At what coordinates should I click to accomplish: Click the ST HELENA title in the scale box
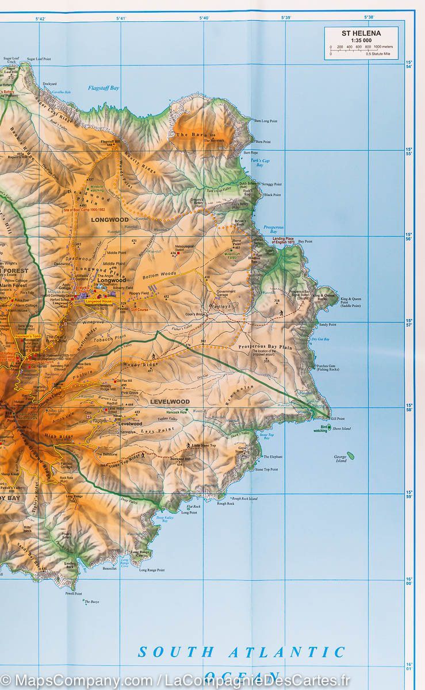pos(361,33)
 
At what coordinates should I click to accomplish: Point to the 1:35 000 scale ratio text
pos(361,40)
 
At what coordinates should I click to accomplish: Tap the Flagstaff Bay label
pos(104,88)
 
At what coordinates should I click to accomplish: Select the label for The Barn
pos(183,135)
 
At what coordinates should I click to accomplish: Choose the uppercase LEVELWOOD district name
pos(170,401)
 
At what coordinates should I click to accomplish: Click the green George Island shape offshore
pos(351,456)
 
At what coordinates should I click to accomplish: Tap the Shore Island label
pos(342,428)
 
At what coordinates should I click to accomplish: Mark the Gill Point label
pos(338,419)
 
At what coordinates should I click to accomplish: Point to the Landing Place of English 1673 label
pos(286,240)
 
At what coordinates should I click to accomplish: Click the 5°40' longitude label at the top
pos(204,18)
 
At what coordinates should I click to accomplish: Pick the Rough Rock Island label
pos(244,499)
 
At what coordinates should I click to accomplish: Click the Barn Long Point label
pos(265,121)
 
